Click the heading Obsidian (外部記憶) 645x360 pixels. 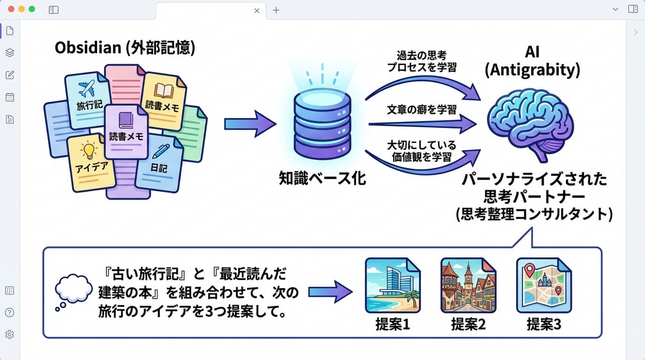(125, 48)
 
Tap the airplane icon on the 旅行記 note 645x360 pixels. (87, 89)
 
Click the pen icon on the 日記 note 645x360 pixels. (161, 151)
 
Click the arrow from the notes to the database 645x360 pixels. (250, 124)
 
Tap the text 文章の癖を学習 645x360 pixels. (421, 111)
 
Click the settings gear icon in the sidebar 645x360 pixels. (9, 334)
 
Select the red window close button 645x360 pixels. (11, 9)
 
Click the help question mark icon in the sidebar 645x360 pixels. (9, 313)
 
